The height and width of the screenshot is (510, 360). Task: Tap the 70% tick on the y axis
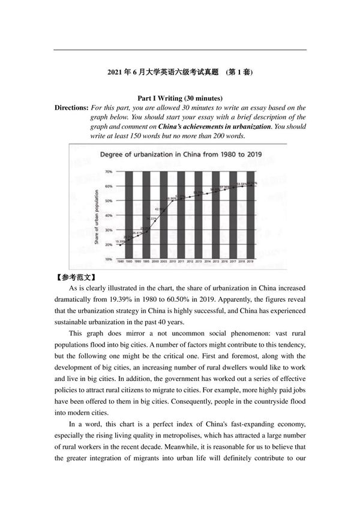[109, 172]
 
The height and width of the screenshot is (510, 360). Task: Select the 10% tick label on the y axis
[109, 259]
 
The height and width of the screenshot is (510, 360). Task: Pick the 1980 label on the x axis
[120, 263]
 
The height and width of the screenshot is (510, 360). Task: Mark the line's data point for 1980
[120, 245]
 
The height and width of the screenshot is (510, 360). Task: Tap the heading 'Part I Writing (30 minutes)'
[180, 98]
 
